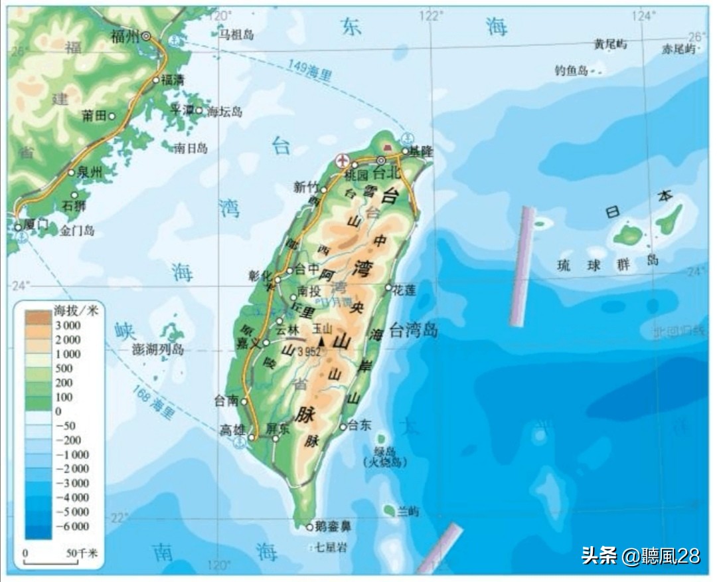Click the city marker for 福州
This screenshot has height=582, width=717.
pyautogui.click(x=145, y=36)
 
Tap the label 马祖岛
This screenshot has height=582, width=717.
pyautogui.click(x=237, y=33)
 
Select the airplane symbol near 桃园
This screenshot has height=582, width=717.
pyautogui.click(x=343, y=160)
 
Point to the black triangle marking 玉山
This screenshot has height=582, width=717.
pyautogui.click(x=322, y=341)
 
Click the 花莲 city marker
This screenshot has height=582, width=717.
pyautogui.click(x=389, y=288)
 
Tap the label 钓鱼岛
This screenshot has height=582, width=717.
pyautogui.click(x=572, y=70)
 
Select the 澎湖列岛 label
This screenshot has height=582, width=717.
pyautogui.click(x=157, y=349)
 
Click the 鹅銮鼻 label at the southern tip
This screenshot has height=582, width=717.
pyautogui.click(x=333, y=527)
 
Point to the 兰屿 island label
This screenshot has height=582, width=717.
pyautogui.click(x=408, y=511)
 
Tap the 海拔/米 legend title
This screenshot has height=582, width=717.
pyautogui.click(x=75, y=310)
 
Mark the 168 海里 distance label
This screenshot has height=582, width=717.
pyautogui.click(x=153, y=401)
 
